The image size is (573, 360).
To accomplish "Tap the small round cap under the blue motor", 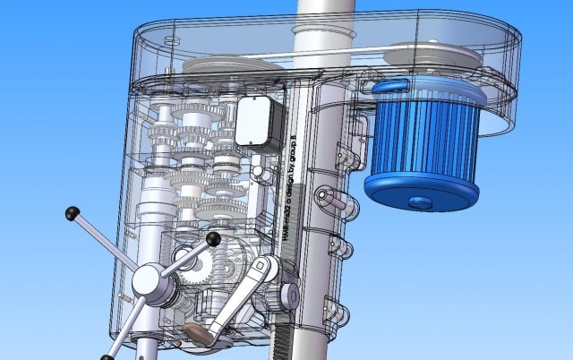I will click(417, 201).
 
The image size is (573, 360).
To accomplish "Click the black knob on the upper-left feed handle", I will click(72, 213).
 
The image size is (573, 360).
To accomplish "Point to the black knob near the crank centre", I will click(213, 239).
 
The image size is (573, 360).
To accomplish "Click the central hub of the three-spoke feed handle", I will click(147, 283).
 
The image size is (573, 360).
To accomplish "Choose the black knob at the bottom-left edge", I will click(107, 357).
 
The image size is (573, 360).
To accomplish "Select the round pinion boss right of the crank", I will click(289, 295).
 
